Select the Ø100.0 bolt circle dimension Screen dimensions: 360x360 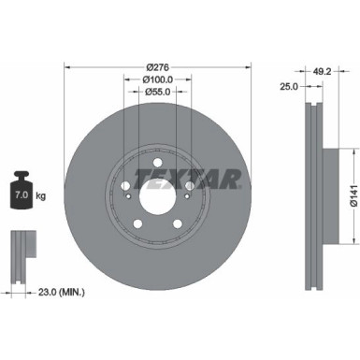pos(158,80)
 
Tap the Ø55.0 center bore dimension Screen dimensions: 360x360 pos(158,94)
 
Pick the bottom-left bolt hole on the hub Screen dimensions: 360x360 pos(137,223)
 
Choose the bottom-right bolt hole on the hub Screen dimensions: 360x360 pos(178,223)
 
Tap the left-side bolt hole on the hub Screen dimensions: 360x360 pos(124,184)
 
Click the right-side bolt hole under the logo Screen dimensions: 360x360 pos(190,184)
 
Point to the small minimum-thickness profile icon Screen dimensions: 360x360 pos(22,248)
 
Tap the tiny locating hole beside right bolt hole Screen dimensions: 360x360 pos(188,194)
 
